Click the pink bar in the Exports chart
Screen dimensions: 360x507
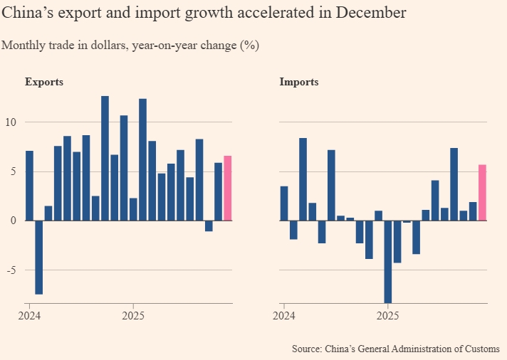pyautogui.click(x=228, y=188)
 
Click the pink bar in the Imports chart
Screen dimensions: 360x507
pyautogui.click(x=482, y=192)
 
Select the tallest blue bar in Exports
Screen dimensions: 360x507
pyautogui.click(x=105, y=158)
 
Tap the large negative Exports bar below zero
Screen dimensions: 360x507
pyautogui.click(x=38, y=257)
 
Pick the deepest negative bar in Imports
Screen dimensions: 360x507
pyautogui.click(x=388, y=261)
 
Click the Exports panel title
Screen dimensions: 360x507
pyautogui.click(x=44, y=82)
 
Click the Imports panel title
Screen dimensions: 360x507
pyautogui.click(x=299, y=82)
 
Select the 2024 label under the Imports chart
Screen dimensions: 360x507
pyautogui.click(x=283, y=315)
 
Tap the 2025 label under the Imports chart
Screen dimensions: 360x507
pyautogui.click(x=387, y=315)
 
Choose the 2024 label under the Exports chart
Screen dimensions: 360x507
pyautogui.click(x=29, y=315)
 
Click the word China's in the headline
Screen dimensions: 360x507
pyautogui.click(x=26, y=14)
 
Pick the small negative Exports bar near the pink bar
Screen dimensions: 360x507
pyautogui.click(x=209, y=226)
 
